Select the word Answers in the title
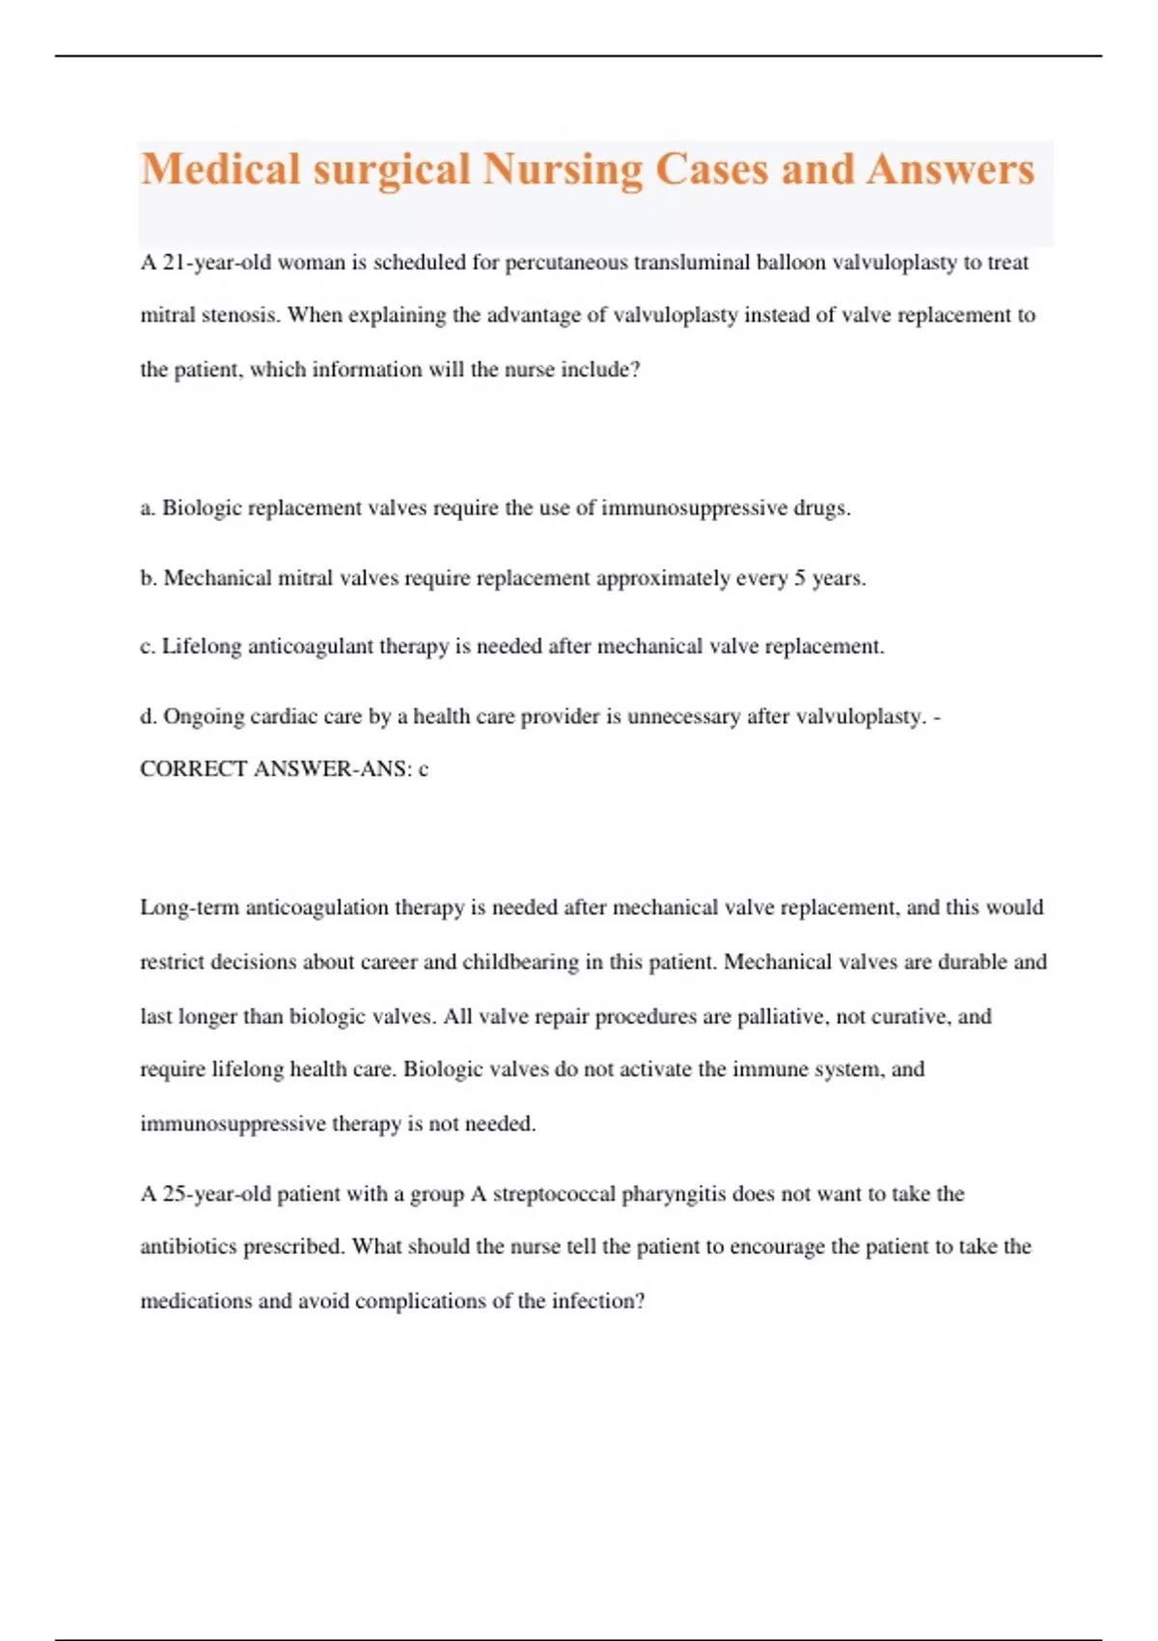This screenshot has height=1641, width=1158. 951,170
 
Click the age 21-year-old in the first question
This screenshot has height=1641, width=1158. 217,263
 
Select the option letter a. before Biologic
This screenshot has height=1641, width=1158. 148,509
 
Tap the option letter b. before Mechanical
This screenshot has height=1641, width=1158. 149,578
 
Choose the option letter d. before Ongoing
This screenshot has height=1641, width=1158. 149,716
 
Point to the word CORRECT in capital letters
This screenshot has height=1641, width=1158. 193,769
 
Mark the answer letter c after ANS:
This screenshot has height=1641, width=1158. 423,769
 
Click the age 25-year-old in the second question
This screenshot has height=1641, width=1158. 217,1194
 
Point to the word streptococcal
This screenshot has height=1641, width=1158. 554,1194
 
